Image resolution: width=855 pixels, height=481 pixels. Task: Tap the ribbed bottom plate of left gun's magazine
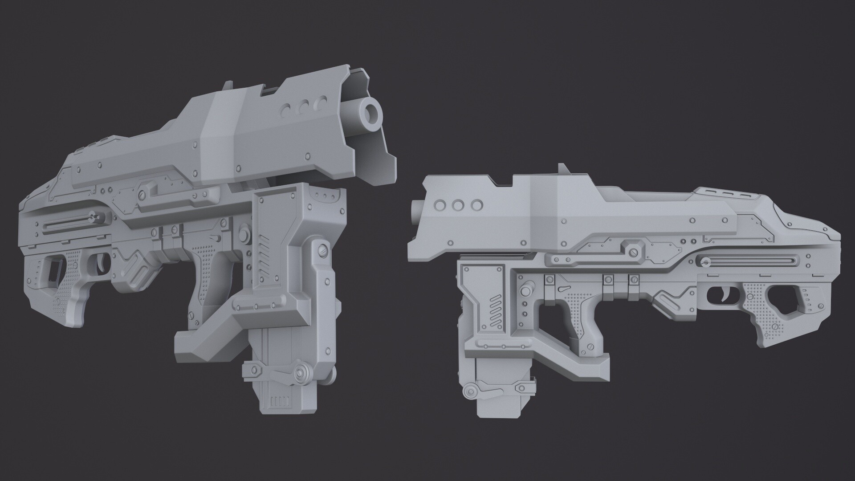click(280, 401)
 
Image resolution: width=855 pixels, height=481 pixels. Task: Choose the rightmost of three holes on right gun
click(476, 205)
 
